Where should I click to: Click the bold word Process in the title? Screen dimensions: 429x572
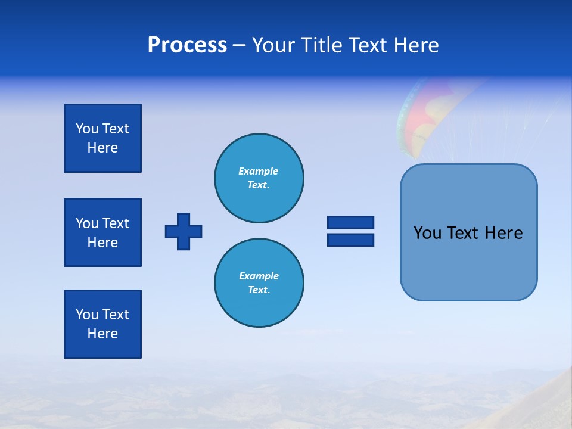coord(187,45)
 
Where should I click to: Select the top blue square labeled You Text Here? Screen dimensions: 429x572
coord(102,138)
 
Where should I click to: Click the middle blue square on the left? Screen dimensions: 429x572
coord(102,232)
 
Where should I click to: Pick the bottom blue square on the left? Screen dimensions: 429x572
coord(102,324)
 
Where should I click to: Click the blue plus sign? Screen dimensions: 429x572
coord(184,231)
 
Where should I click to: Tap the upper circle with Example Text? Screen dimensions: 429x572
coord(259,178)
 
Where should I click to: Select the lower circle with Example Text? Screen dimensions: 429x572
coord(259,283)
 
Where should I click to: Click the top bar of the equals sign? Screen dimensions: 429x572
coord(350,222)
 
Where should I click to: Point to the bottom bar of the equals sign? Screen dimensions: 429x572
coord(350,240)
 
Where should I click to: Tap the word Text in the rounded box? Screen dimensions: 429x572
coord(462,233)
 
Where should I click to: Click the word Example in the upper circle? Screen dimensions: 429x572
coord(259,171)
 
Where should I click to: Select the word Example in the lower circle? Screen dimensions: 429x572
coord(259,276)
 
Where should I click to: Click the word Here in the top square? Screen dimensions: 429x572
coord(102,148)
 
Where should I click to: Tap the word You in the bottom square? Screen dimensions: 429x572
coord(87,315)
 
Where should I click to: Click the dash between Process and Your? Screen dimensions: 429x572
coord(240,45)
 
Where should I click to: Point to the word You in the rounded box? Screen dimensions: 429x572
coord(427,233)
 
